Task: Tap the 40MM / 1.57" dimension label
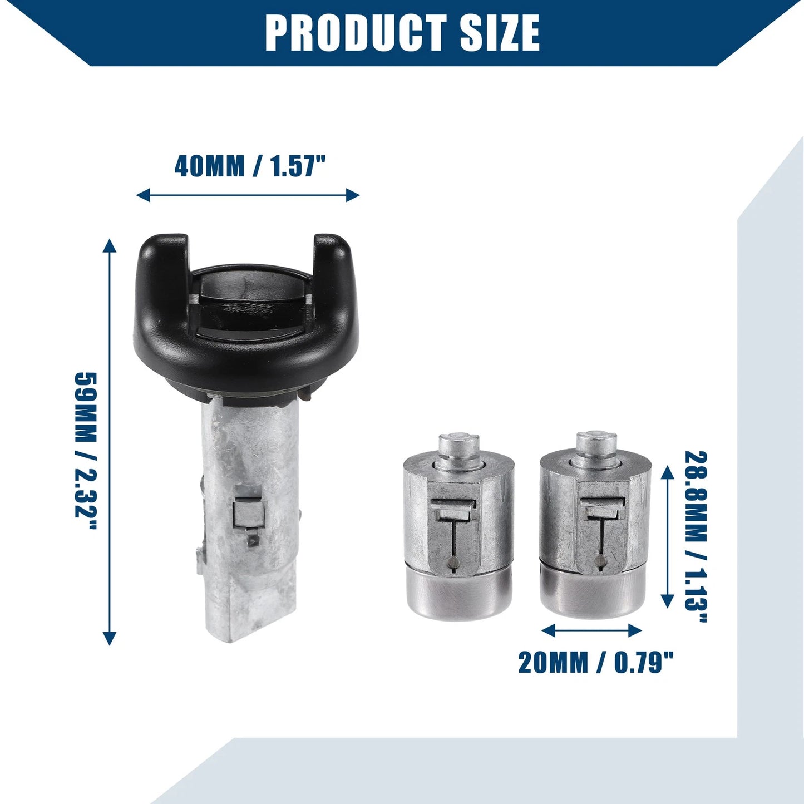pyautogui.click(x=249, y=166)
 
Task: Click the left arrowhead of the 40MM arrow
pyautogui.click(x=143, y=195)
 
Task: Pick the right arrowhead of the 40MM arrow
pyautogui.click(x=353, y=195)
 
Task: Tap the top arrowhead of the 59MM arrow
pyautogui.click(x=109, y=246)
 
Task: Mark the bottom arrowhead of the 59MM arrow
pyautogui.click(x=109, y=638)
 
